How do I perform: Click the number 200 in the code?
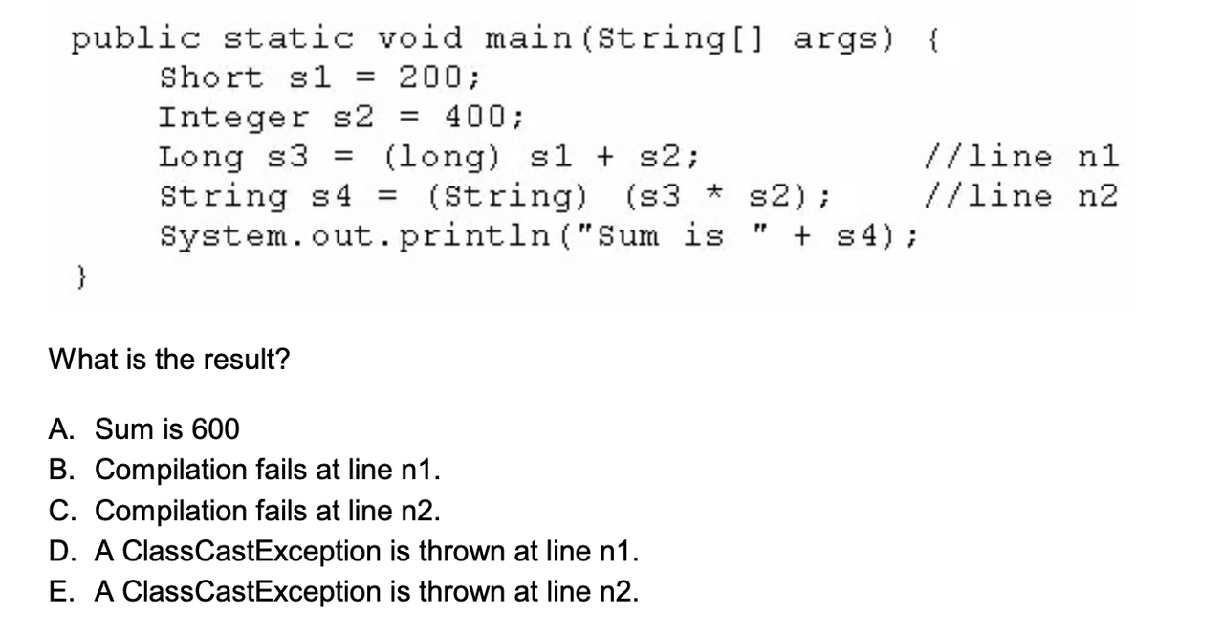click(431, 77)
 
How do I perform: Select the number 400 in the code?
click(476, 117)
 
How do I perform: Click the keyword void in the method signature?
click(420, 38)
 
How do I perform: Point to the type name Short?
click(211, 77)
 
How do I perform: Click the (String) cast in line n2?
click(508, 197)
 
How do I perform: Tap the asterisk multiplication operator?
click(714, 193)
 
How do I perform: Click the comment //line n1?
click(1020, 157)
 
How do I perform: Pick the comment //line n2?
click(1020, 196)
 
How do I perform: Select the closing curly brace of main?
click(81, 277)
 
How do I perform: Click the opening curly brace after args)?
click(934, 40)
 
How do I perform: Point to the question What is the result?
click(169, 359)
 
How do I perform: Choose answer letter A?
click(61, 428)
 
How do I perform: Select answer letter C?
click(62, 511)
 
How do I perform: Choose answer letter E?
click(61, 591)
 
